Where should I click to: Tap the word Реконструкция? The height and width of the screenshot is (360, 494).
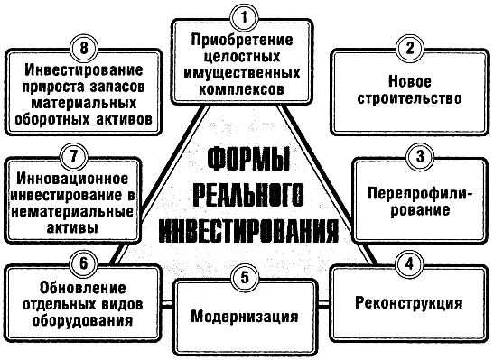tap(411, 303)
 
